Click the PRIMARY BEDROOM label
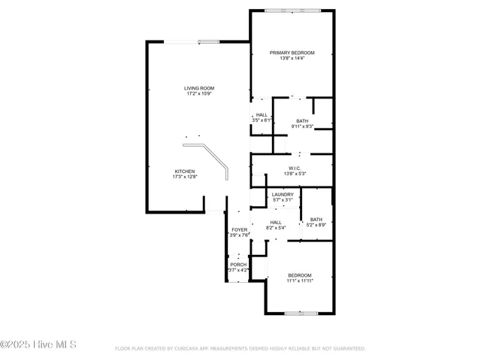[292, 53]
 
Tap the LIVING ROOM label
[199, 88]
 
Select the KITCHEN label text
[185, 171]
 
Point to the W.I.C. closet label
[295, 168]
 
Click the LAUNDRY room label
[283, 195]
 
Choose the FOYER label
[239, 229]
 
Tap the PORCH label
[238, 264]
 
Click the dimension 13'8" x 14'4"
[292, 59]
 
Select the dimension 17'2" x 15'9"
[199, 94]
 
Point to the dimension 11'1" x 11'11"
[299, 281]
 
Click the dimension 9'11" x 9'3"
[302, 126]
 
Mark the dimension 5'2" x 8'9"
[316, 225]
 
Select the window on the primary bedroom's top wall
[292, 11]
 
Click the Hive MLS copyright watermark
[38, 345]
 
